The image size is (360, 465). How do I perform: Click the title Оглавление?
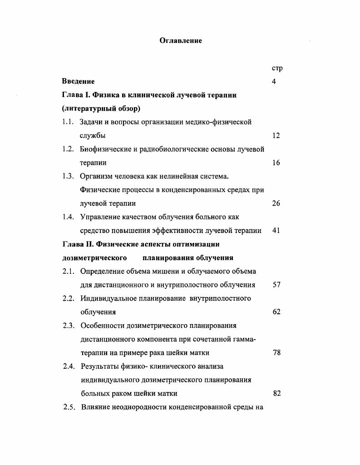(x=181, y=41)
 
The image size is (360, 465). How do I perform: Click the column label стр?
(x=277, y=69)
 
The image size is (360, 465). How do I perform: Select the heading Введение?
(x=78, y=82)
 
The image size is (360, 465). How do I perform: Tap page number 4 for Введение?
(x=274, y=82)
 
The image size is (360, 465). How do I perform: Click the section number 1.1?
(x=68, y=122)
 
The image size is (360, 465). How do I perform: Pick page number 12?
(x=276, y=136)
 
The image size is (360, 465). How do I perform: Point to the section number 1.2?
(x=68, y=149)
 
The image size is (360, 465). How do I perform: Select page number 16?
(x=276, y=163)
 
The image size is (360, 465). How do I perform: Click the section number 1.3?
(x=68, y=176)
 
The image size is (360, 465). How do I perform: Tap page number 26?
(x=276, y=203)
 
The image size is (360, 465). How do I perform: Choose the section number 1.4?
(x=68, y=217)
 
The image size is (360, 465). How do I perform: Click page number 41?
(x=276, y=231)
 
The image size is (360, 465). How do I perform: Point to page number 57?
(x=276, y=285)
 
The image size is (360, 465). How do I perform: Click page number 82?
(x=276, y=393)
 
